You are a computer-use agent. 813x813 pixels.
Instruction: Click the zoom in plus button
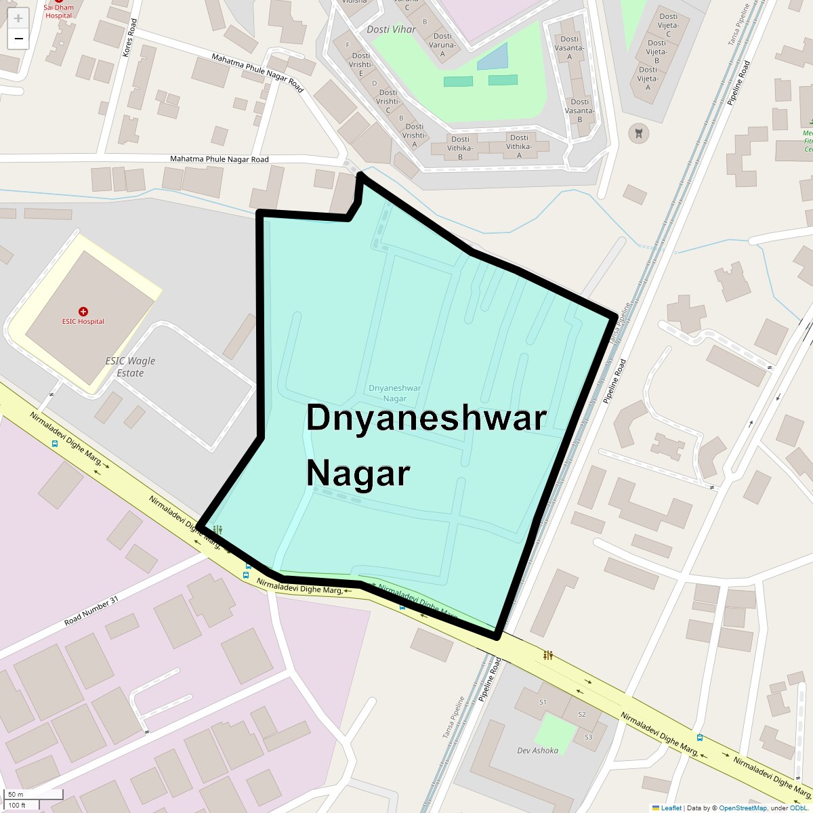coord(18,18)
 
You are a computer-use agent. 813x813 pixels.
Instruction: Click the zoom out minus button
coord(18,39)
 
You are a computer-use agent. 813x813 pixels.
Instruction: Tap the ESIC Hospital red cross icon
coord(83,312)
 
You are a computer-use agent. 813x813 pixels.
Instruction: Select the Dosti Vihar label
coord(391,30)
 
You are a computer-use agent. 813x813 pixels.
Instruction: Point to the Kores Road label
coord(129,37)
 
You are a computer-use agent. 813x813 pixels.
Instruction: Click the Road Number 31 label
coord(91,611)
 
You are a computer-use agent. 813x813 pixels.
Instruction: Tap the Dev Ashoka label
coord(537,751)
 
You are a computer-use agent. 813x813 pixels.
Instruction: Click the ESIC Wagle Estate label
coord(130,367)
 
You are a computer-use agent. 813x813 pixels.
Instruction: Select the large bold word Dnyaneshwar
coord(426,418)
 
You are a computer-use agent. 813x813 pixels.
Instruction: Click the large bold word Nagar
coord(358,473)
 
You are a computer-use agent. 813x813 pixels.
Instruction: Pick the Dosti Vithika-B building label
coord(460,148)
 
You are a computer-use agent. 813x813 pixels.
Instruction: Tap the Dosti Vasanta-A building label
coord(569,48)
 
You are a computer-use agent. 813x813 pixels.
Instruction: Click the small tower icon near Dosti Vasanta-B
coord(637,133)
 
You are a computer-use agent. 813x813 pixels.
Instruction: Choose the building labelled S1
coord(543,702)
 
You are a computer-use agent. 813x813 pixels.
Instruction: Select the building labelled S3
coord(587,737)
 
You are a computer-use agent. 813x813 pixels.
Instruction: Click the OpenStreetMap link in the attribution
coord(743,808)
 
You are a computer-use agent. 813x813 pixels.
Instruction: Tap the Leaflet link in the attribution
coord(671,808)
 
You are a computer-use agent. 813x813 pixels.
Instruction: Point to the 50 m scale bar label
coord(16,794)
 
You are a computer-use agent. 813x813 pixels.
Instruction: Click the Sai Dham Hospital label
coord(58,12)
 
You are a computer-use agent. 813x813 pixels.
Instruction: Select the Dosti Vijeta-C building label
coord(668,25)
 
